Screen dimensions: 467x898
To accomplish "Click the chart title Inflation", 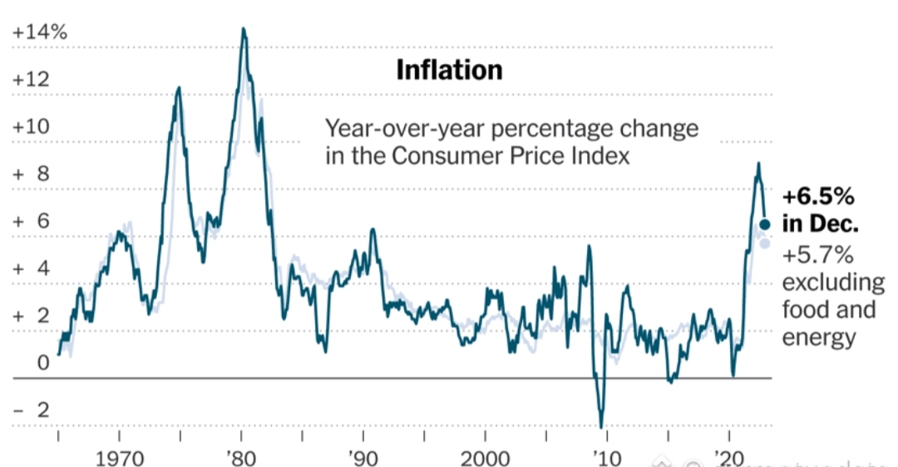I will point(449,70).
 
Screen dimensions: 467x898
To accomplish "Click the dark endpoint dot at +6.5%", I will point(765,224).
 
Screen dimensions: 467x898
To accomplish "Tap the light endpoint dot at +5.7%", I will point(765,243).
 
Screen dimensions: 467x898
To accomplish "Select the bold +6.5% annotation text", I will point(818,198).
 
